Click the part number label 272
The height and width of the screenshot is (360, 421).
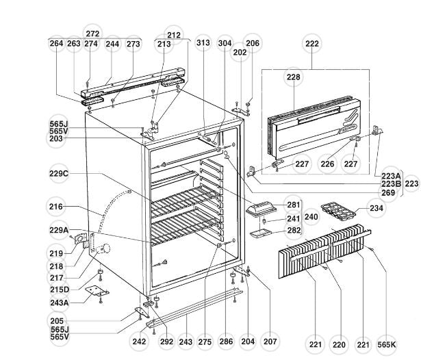coord(92,34)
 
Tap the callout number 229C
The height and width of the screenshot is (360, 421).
coord(60,173)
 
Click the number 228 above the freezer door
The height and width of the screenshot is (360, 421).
coord(293,78)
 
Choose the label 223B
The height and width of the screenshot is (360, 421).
coord(391,183)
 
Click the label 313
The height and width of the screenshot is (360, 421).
coord(203,42)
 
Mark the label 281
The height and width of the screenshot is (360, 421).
coord(293,205)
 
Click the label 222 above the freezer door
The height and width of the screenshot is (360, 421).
coord(312,44)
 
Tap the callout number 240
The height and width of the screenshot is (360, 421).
coord(311,217)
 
